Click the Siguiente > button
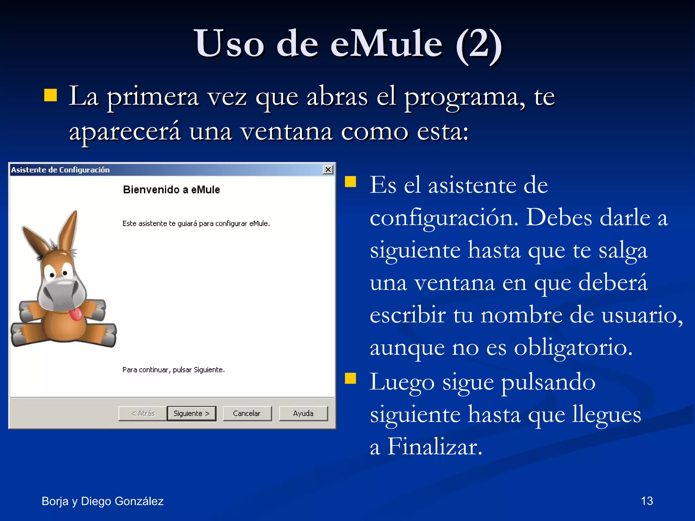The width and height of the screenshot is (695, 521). click(x=191, y=413)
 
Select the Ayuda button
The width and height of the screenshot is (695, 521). click(x=303, y=413)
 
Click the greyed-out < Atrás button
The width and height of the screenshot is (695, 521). click(x=143, y=413)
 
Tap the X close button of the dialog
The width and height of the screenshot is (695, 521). click(x=328, y=170)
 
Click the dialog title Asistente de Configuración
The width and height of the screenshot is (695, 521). click(x=60, y=170)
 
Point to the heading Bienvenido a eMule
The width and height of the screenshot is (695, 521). click(x=171, y=190)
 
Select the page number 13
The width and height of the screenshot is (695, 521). click(x=647, y=501)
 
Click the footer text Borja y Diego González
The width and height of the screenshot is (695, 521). click(x=102, y=501)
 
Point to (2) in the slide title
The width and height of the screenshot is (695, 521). click(x=479, y=43)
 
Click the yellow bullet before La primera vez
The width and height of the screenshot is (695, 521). click(x=51, y=95)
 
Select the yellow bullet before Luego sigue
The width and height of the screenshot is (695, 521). click(x=351, y=378)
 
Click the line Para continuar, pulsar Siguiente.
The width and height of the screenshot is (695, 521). click(x=173, y=370)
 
